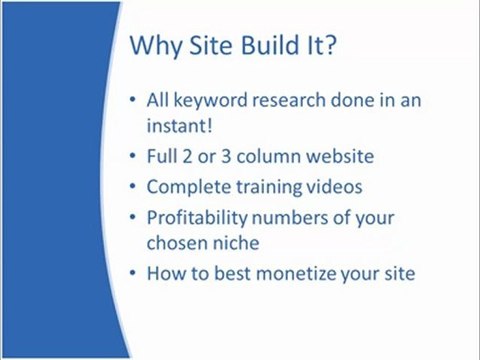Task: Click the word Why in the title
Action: coord(156,46)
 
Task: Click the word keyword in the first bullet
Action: coord(211,101)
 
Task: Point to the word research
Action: coord(289,100)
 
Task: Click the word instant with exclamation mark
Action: coord(180,125)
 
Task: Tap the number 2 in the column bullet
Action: coord(188,156)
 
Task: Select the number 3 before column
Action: coord(226,156)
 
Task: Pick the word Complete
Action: coord(189,187)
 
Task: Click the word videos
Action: coord(334,187)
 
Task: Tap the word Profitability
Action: coord(197,218)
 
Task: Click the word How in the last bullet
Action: coord(166,273)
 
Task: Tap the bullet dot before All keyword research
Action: coord(133,100)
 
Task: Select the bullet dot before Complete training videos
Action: coord(133,187)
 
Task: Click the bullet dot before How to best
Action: coord(133,273)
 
